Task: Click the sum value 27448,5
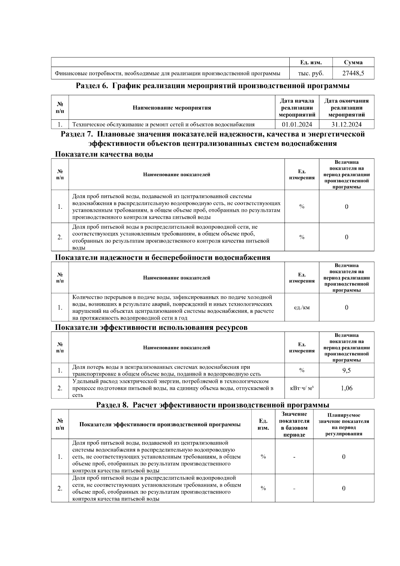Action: click(353, 73)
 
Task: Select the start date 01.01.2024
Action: click(297, 125)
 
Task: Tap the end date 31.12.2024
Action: click(346, 125)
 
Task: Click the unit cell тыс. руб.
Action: click(310, 73)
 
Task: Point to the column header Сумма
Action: click(353, 62)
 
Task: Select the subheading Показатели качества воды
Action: click(104, 154)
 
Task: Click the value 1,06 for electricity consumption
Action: click(346, 388)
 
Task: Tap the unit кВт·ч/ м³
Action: click(302, 388)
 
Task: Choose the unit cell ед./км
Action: click(302, 308)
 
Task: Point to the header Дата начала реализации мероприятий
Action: click(297, 108)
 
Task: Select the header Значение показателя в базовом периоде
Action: click(294, 424)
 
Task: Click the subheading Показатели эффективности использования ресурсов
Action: click(151, 328)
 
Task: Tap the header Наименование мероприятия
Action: click(172, 108)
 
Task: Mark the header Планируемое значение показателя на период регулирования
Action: click(343, 424)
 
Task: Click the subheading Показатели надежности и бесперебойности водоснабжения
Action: click(162, 257)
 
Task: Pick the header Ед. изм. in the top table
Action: click(310, 62)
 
